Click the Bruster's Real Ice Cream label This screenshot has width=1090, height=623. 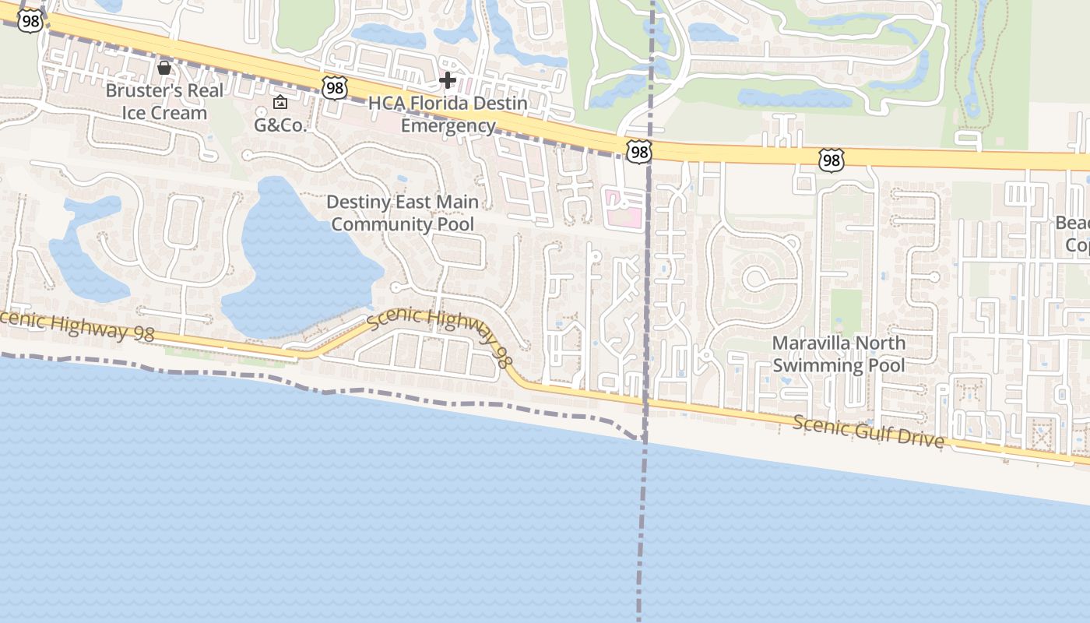[x=164, y=101]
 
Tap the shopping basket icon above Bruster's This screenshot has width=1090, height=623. [x=164, y=68]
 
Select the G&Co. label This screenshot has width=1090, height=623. [x=280, y=125]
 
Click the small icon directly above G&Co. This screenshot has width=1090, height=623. [x=280, y=102]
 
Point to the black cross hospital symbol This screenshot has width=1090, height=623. [x=448, y=79]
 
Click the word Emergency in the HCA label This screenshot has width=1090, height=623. [x=448, y=125]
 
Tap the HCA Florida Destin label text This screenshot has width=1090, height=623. [x=448, y=104]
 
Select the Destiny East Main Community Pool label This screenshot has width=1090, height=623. [x=403, y=213]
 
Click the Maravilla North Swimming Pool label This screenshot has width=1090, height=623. [x=839, y=354]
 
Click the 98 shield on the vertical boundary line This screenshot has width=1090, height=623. [x=638, y=151]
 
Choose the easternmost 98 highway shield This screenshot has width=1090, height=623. [x=831, y=161]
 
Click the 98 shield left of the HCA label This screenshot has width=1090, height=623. [x=335, y=87]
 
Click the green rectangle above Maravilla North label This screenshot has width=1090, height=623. [x=846, y=311]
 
